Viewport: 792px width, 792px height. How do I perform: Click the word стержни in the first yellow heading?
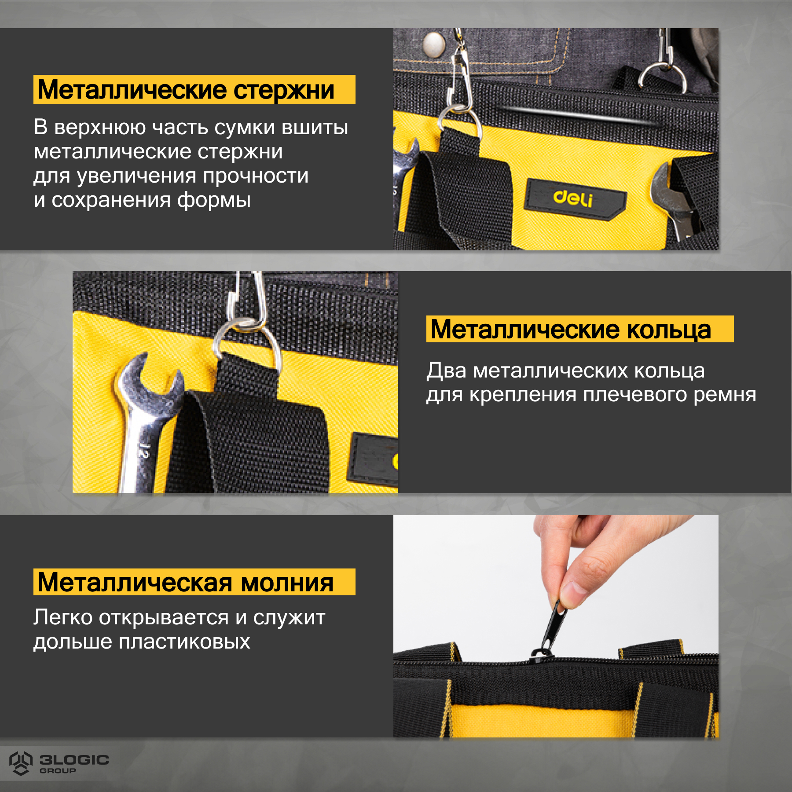coord(283,90)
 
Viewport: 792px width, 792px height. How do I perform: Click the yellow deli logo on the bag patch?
coord(573,198)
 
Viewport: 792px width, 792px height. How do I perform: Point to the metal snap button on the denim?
coord(433,44)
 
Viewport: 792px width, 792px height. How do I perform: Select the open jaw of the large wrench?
coord(150,374)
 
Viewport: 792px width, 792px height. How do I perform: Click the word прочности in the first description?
coord(256,176)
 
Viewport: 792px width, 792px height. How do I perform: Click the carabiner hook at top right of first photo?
coord(664,70)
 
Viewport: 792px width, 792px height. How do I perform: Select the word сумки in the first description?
coord(244,128)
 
